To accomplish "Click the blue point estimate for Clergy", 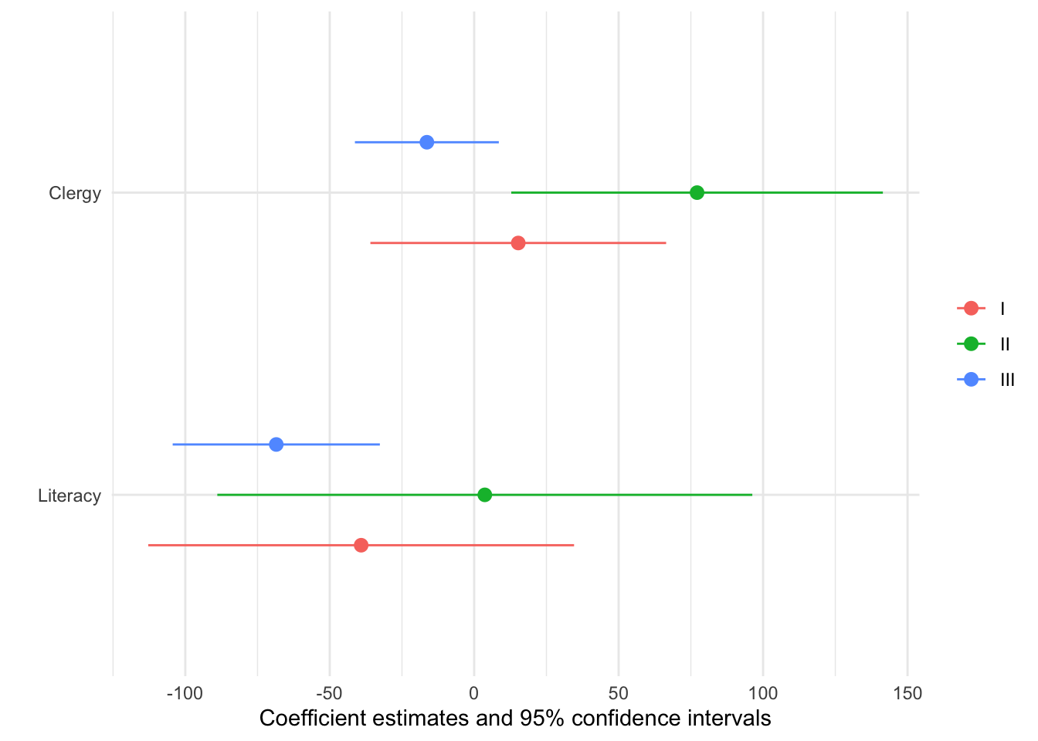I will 426,142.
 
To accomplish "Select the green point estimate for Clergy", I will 697,192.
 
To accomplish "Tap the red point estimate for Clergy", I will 518,243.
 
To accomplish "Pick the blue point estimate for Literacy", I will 276,445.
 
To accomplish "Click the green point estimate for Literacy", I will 484,495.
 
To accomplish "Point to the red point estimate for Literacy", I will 361,546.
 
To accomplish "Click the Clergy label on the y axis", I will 75,193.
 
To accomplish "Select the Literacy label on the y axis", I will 70,496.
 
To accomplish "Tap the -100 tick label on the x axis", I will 185,693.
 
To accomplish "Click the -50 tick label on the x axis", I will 329,693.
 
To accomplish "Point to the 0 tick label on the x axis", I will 474,693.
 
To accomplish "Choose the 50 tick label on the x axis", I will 618,693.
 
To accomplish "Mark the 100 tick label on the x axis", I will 763,693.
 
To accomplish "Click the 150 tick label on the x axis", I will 907,693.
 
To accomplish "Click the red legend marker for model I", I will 971,309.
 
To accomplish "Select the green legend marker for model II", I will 971,344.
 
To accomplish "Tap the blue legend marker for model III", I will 971,380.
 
